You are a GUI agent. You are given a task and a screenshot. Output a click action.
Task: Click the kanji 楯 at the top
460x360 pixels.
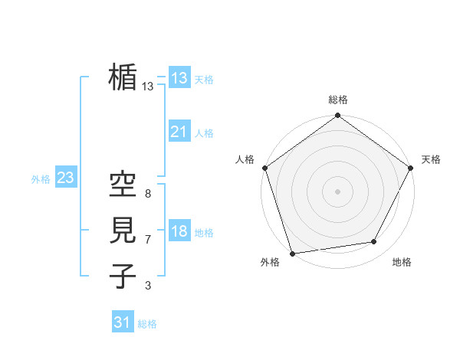[123, 77]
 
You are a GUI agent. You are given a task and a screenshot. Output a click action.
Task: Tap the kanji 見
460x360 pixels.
[123, 229]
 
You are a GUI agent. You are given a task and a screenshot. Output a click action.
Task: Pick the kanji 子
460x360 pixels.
[123, 275]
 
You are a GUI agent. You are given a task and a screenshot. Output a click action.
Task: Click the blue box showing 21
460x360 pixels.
[179, 133]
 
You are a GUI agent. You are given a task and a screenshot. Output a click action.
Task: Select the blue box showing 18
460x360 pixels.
[179, 232]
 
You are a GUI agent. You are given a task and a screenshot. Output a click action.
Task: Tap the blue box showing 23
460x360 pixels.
[65, 178]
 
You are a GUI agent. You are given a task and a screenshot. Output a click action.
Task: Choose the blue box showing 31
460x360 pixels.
[123, 322]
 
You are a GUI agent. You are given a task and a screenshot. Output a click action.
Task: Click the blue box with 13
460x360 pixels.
[179, 78]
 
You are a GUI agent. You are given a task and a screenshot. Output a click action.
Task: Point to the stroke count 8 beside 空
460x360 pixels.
[148, 195]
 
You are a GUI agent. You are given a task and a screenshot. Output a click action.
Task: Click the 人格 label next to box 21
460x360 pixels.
[204, 133]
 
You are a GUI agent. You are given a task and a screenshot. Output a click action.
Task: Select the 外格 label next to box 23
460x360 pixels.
[41, 179]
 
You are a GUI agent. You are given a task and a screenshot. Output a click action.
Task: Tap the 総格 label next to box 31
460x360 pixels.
[147, 324]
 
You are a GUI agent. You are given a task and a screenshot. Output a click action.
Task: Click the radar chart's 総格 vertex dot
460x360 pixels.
[337, 116]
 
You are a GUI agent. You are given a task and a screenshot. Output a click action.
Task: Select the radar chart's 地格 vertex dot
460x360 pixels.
[374, 242]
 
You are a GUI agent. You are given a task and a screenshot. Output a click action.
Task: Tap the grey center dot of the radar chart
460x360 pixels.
[337, 191]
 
